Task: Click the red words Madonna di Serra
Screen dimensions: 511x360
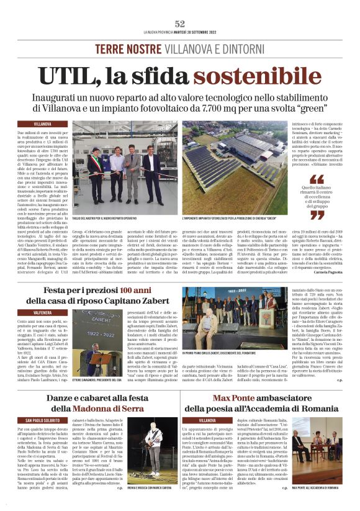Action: pos(105,409)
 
